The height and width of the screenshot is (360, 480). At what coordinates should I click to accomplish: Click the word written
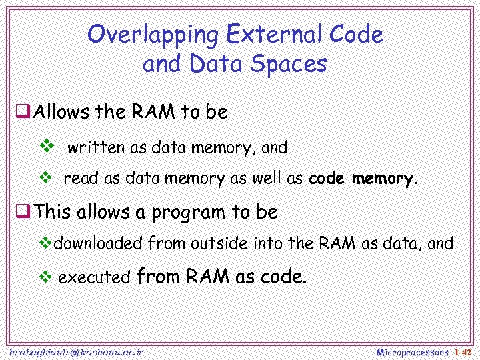97,147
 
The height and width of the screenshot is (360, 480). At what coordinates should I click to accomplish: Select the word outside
219,243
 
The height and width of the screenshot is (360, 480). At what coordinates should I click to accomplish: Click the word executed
93,278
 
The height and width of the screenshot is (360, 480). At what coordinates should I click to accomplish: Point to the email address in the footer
76,351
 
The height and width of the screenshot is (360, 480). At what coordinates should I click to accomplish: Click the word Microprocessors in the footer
412,351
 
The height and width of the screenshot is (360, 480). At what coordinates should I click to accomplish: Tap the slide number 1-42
463,351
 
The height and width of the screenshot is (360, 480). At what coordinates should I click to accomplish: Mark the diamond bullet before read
46,178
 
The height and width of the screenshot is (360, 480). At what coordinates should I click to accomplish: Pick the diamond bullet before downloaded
46,243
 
